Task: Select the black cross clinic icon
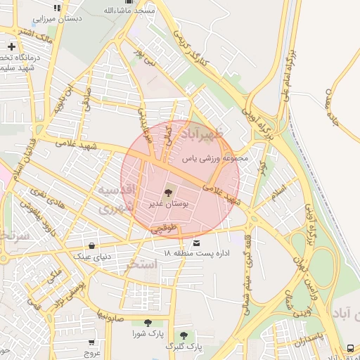[x=11, y=46]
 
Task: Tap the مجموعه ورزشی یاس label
[x=216, y=159]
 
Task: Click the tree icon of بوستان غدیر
[x=168, y=192]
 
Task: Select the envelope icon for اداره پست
[x=186, y=243]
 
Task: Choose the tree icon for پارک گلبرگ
[x=184, y=336]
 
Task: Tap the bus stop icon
[x=350, y=348]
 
